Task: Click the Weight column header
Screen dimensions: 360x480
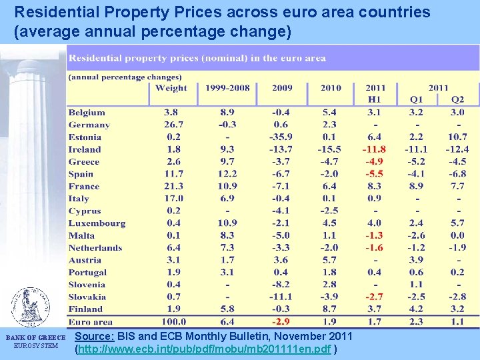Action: click(171, 88)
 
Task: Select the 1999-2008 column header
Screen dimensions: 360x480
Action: click(227, 88)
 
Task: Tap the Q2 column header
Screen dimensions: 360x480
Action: click(457, 100)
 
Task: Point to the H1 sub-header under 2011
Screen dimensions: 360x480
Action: click(374, 100)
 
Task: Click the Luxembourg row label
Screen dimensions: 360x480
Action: click(97, 223)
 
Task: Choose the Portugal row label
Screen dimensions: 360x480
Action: click(87, 272)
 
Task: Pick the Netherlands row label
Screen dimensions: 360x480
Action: click(95, 247)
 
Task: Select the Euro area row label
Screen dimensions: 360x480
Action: click(90, 321)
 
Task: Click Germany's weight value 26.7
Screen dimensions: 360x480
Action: click(171, 125)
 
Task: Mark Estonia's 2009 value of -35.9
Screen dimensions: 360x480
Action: click(281, 137)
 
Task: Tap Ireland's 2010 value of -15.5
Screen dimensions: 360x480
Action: click(329, 149)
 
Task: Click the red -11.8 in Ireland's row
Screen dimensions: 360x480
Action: click(374, 149)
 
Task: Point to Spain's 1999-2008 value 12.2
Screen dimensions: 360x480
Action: click(227, 174)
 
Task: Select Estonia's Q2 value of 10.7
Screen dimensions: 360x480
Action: click(457, 137)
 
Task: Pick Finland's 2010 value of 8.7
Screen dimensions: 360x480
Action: click(329, 309)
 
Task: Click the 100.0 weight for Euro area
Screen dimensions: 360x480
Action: click(171, 321)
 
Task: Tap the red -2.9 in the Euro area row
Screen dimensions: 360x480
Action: click(281, 321)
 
